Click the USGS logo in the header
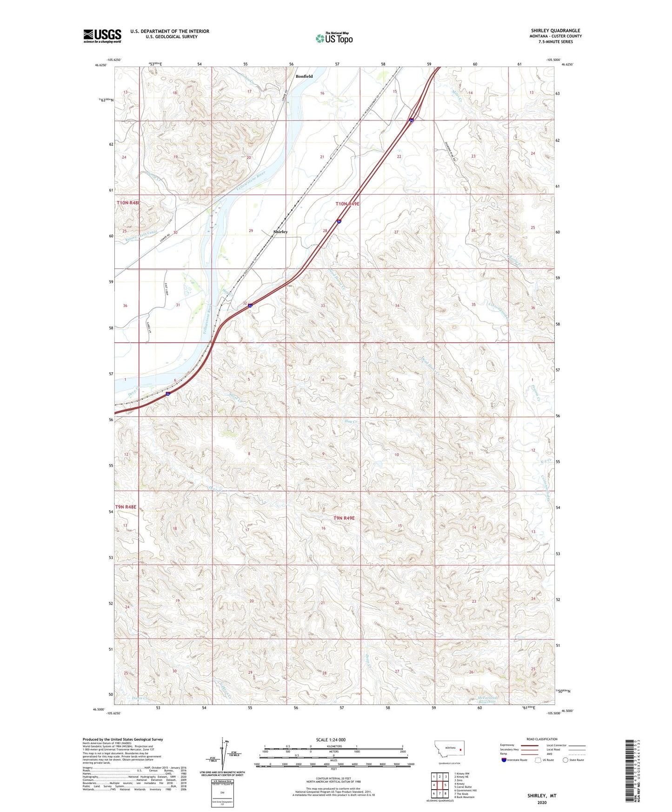pyautogui.click(x=102, y=35)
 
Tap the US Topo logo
pyautogui.click(x=334, y=38)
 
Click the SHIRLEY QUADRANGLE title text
pyautogui.click(x=555, y=31)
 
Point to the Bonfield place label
pyautogui.click(x=304, y=76)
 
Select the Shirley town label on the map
pyautogui.click(x=280, y=232)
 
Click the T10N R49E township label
pyautogui.click(x=348, y=204)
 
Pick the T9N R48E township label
pyautogui.click(x=126, y=507)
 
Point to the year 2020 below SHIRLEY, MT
pyautogui.click(x=542, y=802)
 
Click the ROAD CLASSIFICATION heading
pyautogui.click(x=542, y=739)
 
